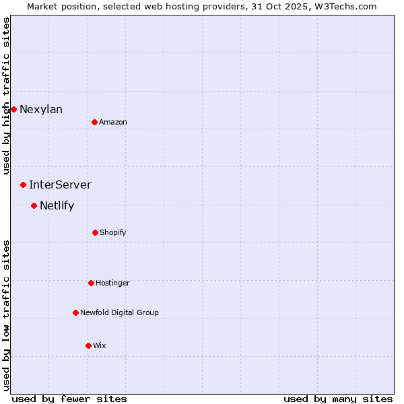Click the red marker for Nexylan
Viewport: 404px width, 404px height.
tap(13, 109)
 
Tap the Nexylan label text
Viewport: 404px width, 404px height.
tap(41, 110)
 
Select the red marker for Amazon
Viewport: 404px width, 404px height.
tap(94, 122)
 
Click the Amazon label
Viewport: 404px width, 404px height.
tap(113, 122)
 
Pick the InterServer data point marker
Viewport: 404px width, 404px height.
tap(23, 184)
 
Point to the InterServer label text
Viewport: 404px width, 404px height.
tap(60, 185)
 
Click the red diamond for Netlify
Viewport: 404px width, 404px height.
tap(34, 205)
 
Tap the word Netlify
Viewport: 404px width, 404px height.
tap(57, 206)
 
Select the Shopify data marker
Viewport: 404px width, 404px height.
tap(95, 232)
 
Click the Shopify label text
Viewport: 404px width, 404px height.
tap(113, 233)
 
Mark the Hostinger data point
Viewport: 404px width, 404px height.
tap(91, 283)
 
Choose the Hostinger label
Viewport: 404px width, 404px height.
tap(112, 283)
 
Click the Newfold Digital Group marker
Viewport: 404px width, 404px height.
tap(75, 312)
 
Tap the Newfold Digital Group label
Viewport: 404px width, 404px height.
tap(119, 312)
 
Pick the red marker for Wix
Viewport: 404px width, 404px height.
tap(88, 345)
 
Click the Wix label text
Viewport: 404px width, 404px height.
tap(100, 346)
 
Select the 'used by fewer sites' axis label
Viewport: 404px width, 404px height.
tap(69, 399)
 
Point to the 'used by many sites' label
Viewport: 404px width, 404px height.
tap(338, 399)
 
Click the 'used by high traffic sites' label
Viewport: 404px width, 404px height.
tap(7, 96)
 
